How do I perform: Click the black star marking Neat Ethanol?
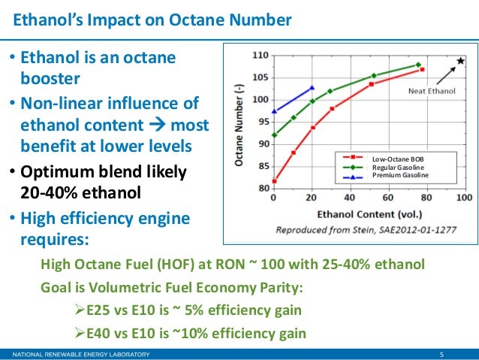tap(459, 60)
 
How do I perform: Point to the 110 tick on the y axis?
tap(259, 56)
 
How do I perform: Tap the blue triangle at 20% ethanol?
tap(312, 87)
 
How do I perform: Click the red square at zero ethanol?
tap(274, 180)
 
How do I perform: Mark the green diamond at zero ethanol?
tap(274, 135)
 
